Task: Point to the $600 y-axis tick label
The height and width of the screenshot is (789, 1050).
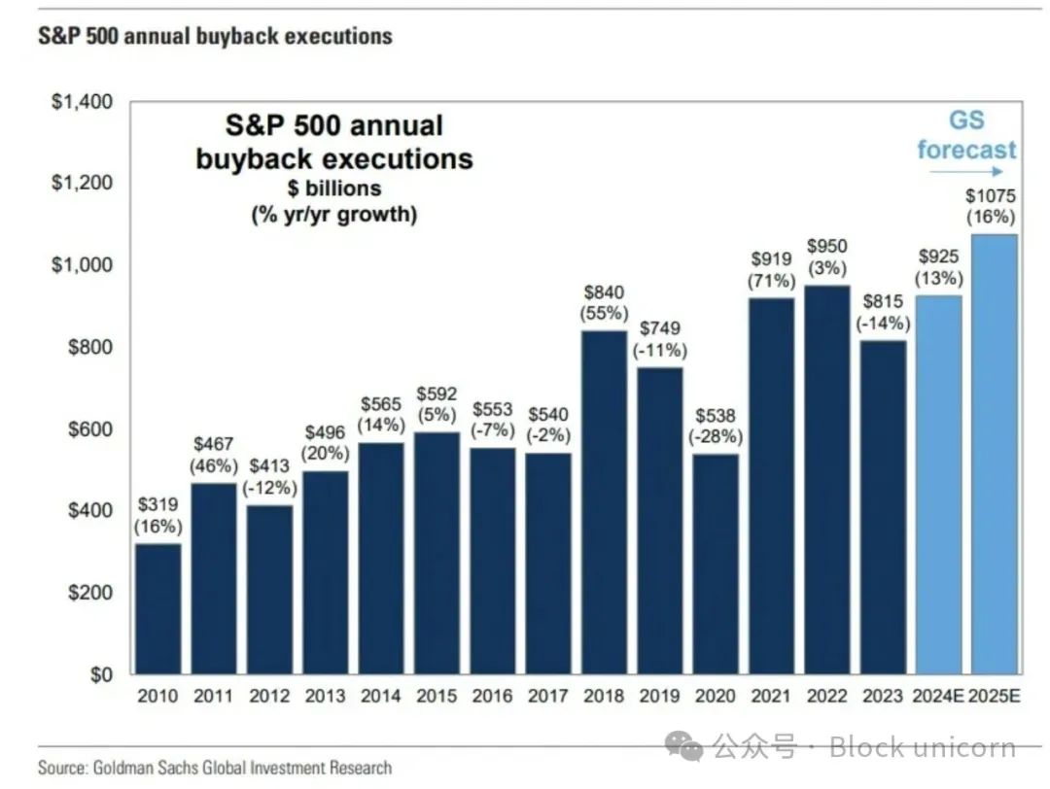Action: (88, 429)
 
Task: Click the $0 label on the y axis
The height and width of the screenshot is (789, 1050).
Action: (100, 674)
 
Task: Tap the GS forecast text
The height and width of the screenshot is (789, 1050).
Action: (965, 135)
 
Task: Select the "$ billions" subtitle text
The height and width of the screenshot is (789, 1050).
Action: (333, 188)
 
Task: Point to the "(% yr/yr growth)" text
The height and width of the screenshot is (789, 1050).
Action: (333, 214)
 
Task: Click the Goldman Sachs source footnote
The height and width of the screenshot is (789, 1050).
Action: (215, 768)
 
